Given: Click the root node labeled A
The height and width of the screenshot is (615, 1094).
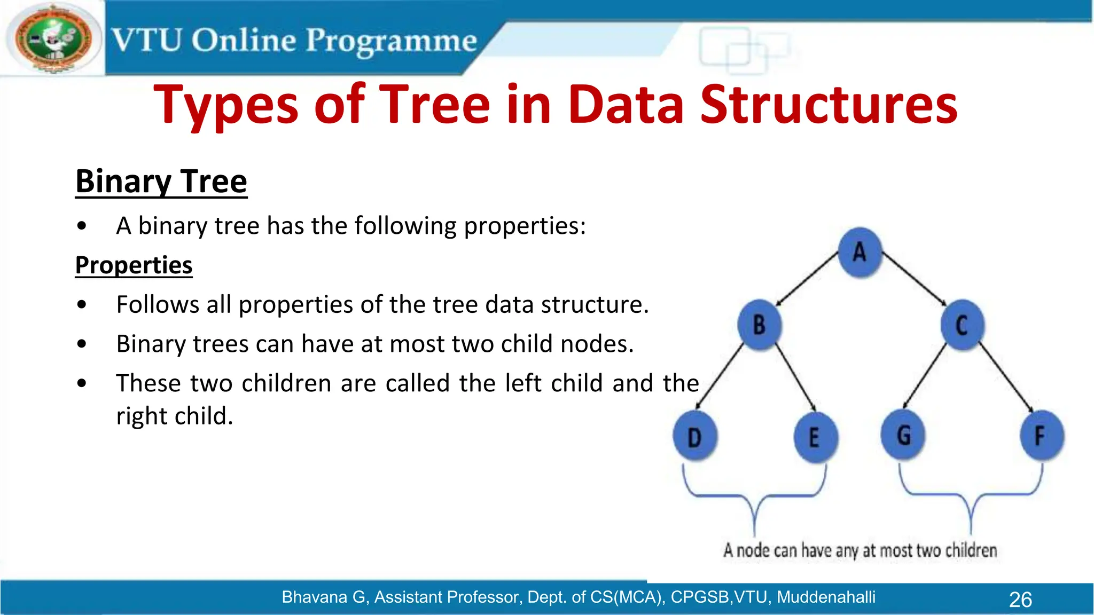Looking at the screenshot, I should (859, 252).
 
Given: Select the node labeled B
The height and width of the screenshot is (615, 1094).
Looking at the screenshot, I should (759, 325).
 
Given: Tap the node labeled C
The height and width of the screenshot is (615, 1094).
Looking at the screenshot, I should (962, 325).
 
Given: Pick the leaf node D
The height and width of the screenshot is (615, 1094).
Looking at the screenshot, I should (694, 437).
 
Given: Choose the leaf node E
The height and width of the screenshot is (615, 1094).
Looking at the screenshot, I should (815, 437).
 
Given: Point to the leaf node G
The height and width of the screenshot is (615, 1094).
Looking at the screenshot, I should (903, 435).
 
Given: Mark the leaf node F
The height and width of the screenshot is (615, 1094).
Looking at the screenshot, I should (1041, 435).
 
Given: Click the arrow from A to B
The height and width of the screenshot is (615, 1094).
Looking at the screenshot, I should (807, 279).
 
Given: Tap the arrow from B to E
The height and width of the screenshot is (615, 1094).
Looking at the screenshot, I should (795, 380).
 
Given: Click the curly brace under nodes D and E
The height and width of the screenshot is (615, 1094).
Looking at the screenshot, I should (754, 496).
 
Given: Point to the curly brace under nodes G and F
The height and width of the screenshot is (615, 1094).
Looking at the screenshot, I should (971, 496).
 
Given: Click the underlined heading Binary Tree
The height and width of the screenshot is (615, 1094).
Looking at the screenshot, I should (161, 182).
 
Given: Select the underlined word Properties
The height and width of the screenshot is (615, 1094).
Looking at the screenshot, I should (134, 265).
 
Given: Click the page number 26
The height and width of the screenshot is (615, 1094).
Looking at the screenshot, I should (1020, 600).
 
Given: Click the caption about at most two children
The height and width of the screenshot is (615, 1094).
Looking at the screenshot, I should (860, 550).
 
